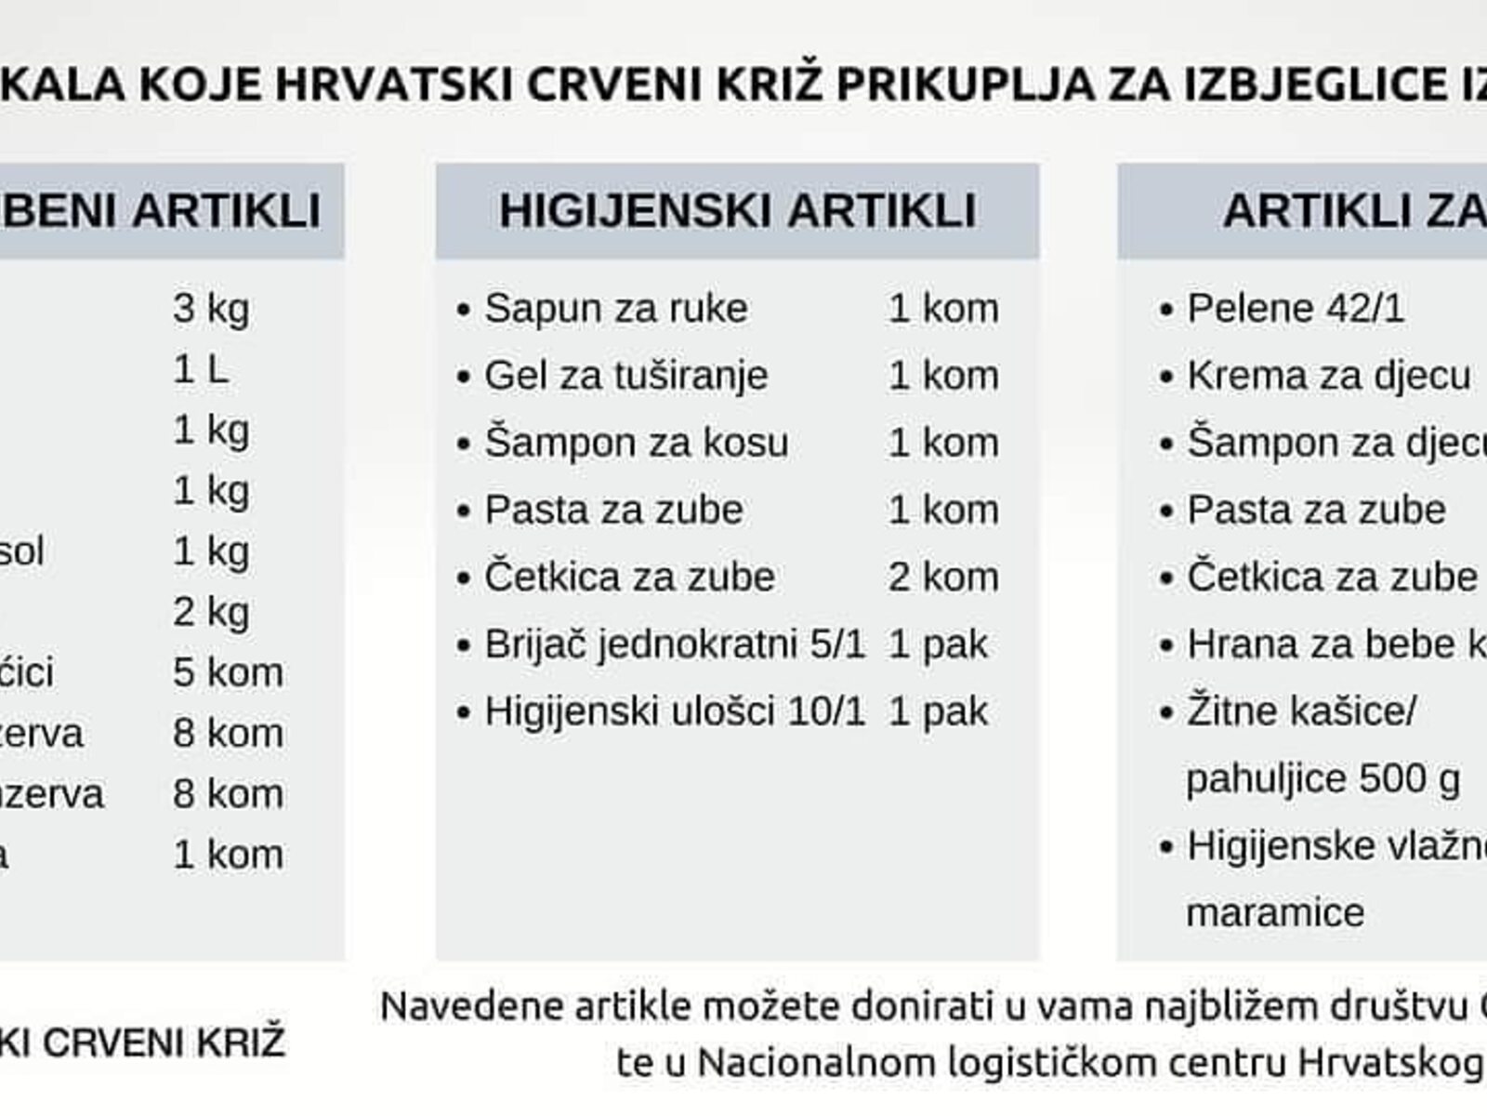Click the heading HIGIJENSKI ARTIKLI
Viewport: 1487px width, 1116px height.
click(737, 210)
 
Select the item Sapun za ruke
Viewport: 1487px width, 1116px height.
click(615, 309)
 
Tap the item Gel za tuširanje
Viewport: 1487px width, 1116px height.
click(625, 376)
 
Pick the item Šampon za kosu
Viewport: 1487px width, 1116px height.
click(636, 443)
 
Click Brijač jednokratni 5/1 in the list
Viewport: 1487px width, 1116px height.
click(675, 644)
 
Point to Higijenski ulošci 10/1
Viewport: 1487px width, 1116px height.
click(675, 711)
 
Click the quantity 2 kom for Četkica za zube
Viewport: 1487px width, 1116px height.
click(942, 578)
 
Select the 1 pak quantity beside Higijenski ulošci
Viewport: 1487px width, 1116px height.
click(937, 711)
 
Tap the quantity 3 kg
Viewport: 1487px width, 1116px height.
click(211, 309)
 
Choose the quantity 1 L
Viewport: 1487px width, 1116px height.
click(200, 370)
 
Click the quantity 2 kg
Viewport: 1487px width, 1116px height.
click(211, 612)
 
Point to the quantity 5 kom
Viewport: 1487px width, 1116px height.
click(228, 672)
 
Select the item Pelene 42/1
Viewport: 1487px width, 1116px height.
click(1296, 309)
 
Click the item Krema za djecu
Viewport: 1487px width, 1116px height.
click(1328, 376)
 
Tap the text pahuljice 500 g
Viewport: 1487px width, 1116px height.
click(1323, 779)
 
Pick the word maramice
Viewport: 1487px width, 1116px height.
click(1275, 912)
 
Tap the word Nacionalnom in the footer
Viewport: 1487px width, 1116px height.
click(815, 1062)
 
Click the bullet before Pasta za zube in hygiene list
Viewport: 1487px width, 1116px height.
click(465, 511)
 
